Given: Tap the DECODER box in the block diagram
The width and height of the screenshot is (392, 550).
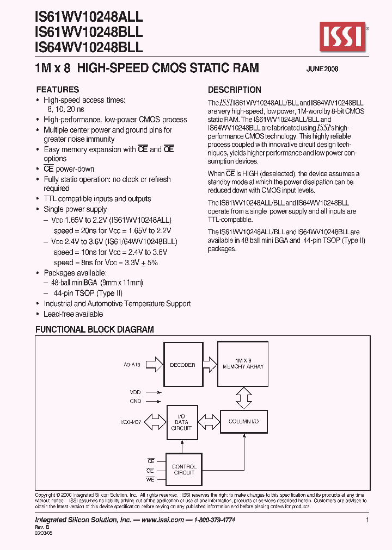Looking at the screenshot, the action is pyautogui.click(x=182, y=365).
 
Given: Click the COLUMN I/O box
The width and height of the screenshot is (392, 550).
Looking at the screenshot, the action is pyautogui.click(x=243, y=421).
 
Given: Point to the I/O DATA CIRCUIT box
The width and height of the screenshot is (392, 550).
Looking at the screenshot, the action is pyautogui.click(x=181, y=421).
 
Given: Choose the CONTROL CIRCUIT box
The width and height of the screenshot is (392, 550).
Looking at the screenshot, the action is pyautogui.click(x=183, y=470).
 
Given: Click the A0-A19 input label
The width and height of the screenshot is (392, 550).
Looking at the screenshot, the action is pyautogui.click(x=132, y=365).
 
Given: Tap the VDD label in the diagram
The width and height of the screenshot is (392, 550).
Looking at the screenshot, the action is pyautogui.click(x=136, y=391).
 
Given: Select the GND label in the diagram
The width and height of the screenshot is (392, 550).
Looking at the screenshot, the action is pyautogui.click(x=136, y=401).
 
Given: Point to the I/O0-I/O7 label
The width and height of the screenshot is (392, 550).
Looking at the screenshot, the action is pyautogui.click(x=131, y=421).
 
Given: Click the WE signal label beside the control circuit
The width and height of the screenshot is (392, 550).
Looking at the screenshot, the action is pyautogui.click(x=151, y=480).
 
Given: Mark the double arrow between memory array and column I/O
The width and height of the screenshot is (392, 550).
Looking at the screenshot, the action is pyautogui.click(x=242, y=398).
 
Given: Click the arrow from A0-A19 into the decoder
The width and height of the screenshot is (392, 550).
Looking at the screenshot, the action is pyautogui.click(x=155, y=365).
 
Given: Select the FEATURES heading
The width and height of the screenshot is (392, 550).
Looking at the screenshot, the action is pyautogui.click(x=57, y=90).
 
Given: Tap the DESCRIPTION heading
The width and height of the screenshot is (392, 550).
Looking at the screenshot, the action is pyautogui.click(x=235, y=90).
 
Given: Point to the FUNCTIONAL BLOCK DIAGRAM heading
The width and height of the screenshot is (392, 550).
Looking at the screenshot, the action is pyautogui.click(x=95, y=329).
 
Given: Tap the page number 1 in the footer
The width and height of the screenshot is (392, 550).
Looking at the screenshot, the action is pyautogui.click(x=367, y=520).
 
